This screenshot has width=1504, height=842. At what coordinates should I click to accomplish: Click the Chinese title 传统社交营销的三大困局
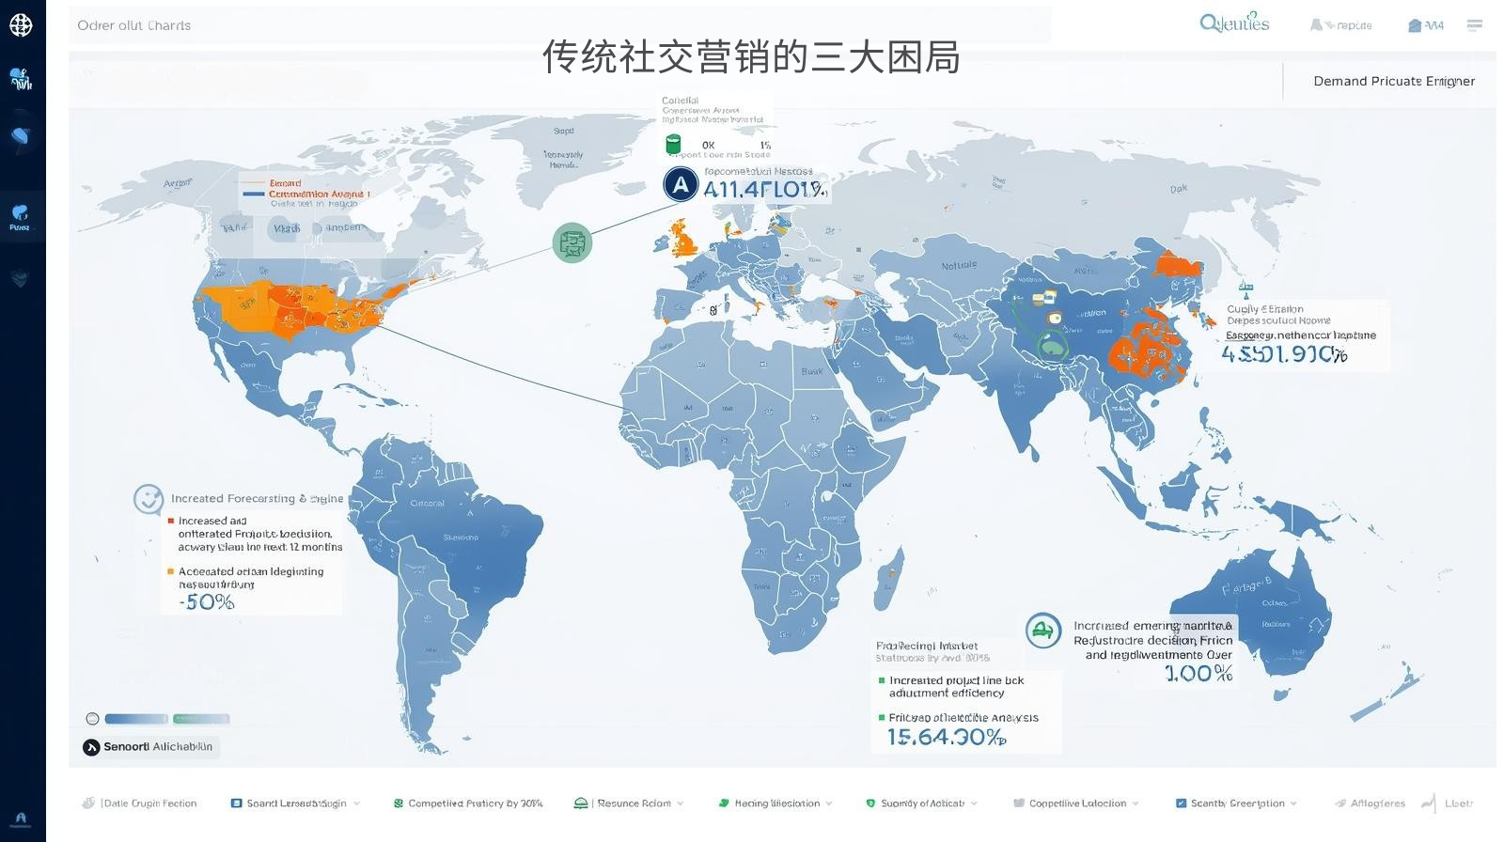tap(751, 57)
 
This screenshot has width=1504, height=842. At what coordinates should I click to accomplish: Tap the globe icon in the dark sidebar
tap(21, 25)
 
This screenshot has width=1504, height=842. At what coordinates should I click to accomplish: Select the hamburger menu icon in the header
tap(1474, 25)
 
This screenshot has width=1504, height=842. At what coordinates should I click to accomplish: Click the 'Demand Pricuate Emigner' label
tap(1393, 82)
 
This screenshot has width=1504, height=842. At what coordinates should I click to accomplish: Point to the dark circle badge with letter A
tap(681, 185)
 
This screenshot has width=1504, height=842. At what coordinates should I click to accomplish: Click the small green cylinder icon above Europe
tap(673, 145)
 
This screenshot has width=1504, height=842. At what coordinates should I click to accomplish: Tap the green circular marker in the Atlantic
tap(572, 243)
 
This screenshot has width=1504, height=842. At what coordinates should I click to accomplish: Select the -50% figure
tap(207, 602)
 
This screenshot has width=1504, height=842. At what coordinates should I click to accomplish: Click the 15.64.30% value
tap(946, 738)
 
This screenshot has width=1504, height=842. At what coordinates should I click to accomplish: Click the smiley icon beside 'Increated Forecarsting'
tap(149, 499)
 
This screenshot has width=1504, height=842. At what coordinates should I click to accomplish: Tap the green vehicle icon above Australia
tap(1042, 630)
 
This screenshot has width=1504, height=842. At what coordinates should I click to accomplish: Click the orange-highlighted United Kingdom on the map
tap(684, 241)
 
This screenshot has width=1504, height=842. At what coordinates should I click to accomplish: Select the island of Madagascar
tap(888, 576)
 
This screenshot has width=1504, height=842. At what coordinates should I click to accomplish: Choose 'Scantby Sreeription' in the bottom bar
tap(1237, 803)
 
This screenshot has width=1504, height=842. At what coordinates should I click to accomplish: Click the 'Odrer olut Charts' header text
tap(134, 25)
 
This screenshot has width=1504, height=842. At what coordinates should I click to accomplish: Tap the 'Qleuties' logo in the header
tap(1234, 23)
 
